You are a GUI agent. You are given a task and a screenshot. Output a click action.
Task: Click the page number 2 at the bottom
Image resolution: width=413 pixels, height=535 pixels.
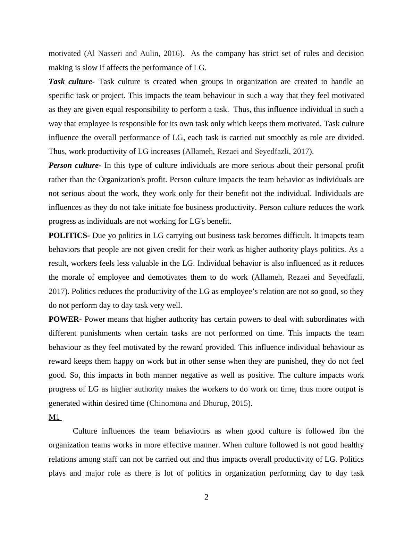(x=206, y=497)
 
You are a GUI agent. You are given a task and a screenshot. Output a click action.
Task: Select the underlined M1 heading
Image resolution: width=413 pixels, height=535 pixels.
(x=54, y=417)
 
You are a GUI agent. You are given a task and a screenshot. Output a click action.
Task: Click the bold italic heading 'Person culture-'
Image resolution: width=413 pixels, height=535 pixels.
(x=75, y=165)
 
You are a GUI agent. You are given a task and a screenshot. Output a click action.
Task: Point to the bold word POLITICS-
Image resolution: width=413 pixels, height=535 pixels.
(x=69, y=236)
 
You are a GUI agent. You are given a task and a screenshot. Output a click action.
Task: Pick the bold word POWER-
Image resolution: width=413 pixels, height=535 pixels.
(x=65, y=319)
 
